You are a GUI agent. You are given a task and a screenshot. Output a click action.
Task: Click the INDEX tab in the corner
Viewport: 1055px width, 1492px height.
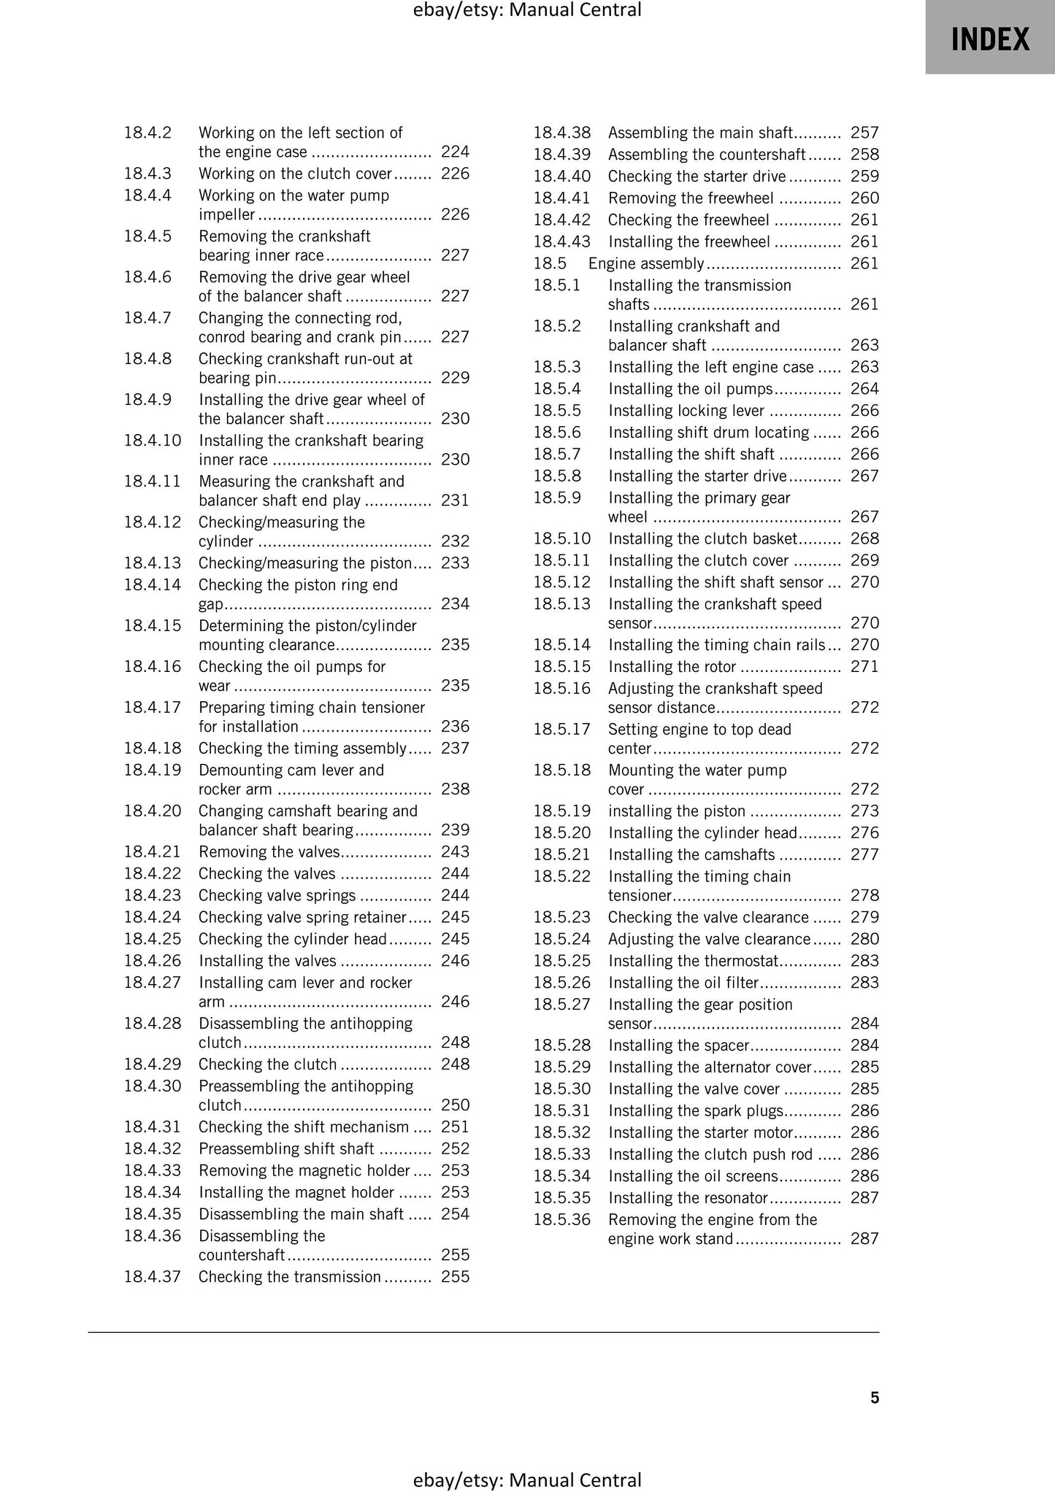pyautogui.click(x=989, y=38)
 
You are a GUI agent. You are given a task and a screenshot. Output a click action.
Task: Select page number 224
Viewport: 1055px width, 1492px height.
pyautogui.click(x=455, y=152)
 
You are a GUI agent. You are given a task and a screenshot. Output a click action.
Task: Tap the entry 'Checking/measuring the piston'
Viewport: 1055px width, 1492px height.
pyautogui.click(x=305, y=563)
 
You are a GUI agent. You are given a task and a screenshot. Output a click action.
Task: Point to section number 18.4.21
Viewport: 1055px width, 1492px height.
pyautogui.click(x=152, y=851)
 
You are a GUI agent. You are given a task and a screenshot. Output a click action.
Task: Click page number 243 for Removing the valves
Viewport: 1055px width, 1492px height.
pyautogui.click(x=455, y=851)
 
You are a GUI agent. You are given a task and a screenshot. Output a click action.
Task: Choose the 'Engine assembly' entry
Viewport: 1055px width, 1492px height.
pyautogui.click(x=645, y=263)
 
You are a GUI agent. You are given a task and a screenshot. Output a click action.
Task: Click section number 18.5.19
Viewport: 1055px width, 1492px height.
pyautogui.click(x=561, y=811)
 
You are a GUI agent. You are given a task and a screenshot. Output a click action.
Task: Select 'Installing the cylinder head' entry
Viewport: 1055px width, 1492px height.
pyautogui.click(x=702, y=832)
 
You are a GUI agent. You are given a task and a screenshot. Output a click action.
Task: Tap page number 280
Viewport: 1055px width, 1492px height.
pyautogui.click(x=864, y=939)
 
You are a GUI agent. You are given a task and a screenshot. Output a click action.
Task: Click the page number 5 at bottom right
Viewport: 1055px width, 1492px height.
pyautogui.click(x=875, y=1397)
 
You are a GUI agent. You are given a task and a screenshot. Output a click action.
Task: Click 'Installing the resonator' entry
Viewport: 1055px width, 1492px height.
pyautogui.click(x=688, y=1197)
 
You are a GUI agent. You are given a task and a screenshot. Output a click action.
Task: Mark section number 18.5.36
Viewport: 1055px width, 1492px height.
pyautogui.click(x=561, y=1219)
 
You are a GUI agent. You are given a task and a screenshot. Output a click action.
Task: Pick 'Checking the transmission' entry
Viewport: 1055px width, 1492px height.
pyautogui.click(x=289, y=1276)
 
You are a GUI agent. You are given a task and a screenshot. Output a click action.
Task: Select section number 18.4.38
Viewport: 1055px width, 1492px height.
pyautogui.click(x=561, y=133)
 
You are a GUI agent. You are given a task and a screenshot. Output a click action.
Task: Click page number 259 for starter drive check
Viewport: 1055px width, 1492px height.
pyautogui.click(x=864, y=177)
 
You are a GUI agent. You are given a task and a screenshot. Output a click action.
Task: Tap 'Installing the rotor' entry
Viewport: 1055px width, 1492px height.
pyautogui.click(x=672, y=666)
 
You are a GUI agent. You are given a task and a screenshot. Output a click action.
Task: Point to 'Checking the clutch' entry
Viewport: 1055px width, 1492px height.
pyautogui.click(x=267, y=1064)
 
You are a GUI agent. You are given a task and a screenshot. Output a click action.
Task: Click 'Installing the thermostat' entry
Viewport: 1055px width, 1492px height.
pyautogui.click(x=694, y=961)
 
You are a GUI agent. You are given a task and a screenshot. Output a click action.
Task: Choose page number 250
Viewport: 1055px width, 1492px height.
pyautogui.click(x=455, y=1105)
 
